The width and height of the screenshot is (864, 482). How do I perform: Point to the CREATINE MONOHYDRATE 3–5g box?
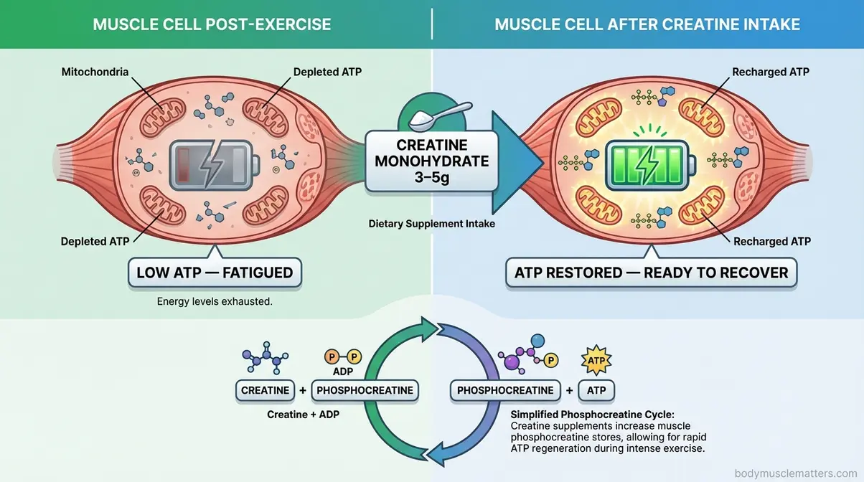[432, 161]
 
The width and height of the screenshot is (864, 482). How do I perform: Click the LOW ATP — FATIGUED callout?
[215, 273]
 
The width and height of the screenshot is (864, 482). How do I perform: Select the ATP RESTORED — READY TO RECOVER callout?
[652, 273]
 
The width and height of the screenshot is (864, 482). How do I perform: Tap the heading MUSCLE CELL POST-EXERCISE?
[212, 24]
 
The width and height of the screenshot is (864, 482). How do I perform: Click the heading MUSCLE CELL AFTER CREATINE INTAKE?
[647, 24]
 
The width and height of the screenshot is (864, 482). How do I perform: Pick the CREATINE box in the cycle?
[265, 391]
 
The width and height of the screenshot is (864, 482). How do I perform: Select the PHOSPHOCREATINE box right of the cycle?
[506, 391]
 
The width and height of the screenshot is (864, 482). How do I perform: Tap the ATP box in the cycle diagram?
[596, 391]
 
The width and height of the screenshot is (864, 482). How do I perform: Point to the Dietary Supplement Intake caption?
[432, 224]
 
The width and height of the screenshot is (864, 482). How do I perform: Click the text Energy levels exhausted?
[215, 302]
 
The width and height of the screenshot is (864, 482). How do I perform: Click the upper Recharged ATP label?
[771, 72]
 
